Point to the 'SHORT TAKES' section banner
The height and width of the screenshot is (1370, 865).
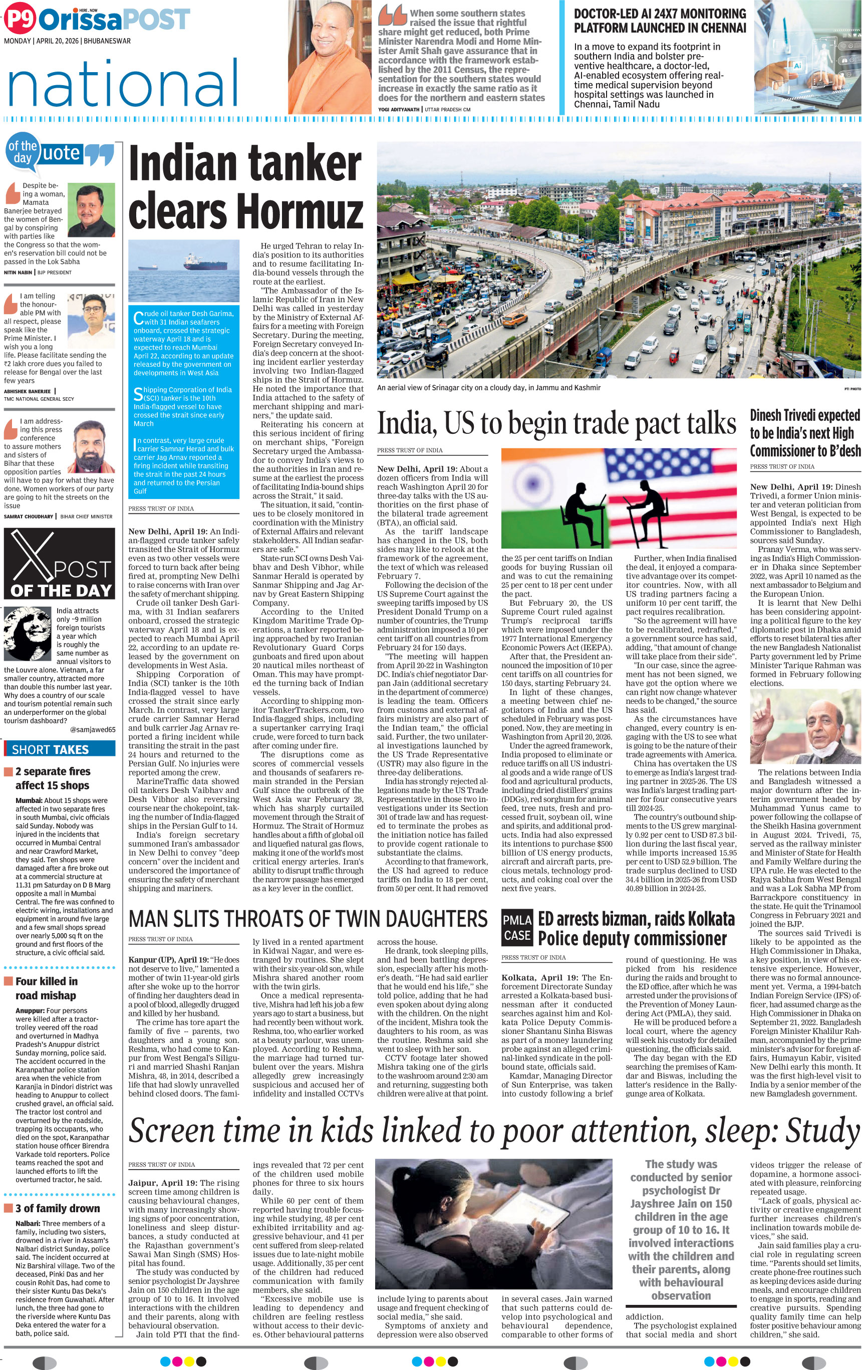click(59, 749)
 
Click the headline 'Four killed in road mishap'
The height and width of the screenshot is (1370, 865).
click(47, 988)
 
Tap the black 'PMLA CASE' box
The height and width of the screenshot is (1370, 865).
click(517, 927)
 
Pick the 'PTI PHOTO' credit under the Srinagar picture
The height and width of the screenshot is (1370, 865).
click(852, 389)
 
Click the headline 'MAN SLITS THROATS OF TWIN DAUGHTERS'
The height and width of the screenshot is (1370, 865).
click(308, 918)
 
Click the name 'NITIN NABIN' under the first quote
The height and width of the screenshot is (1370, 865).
click(18, 272)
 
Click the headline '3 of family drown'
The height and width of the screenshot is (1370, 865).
click(57, 1208)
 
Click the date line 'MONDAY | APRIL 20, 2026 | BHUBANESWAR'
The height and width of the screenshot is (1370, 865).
click(67, 41)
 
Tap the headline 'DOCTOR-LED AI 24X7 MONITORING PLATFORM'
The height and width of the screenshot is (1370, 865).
click(659, 21)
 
